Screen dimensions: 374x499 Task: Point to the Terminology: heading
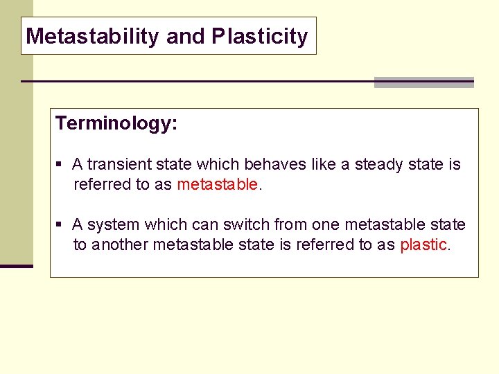116,123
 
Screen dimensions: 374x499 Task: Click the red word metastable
218,184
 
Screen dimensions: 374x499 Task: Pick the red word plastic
423,244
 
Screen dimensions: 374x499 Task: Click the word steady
378,164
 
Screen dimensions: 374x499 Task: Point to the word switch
247,224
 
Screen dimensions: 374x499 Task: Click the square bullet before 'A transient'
60,165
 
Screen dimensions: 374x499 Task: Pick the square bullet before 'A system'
60,225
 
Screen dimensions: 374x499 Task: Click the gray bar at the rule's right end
423,82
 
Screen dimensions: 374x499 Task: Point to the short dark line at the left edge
16,266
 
